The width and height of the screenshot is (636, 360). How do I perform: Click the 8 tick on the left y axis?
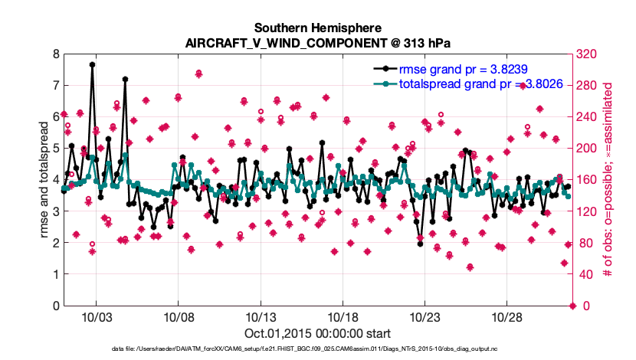(56, 54)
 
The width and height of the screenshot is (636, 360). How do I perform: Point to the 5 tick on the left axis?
(56, 149)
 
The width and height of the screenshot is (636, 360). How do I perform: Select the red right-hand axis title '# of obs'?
(609, 180)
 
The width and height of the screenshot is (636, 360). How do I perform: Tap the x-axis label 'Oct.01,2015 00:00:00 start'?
(317, 334)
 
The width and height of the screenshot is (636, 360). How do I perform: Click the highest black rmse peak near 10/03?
(92, 65)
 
